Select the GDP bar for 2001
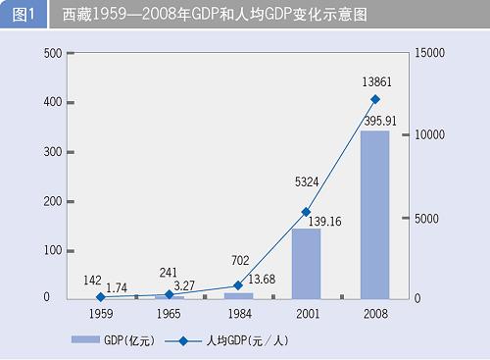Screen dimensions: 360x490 (306, 263)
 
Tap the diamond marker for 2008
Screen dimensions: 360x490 (374, 100)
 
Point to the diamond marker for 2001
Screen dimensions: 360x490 (306, 212)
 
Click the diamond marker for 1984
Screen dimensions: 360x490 (237, 285)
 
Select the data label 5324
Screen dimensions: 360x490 (306, 181)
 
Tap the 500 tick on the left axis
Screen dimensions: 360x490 (54, 53)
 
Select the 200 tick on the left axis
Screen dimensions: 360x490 (54, 201)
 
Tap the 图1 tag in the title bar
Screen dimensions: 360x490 (23, 15)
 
